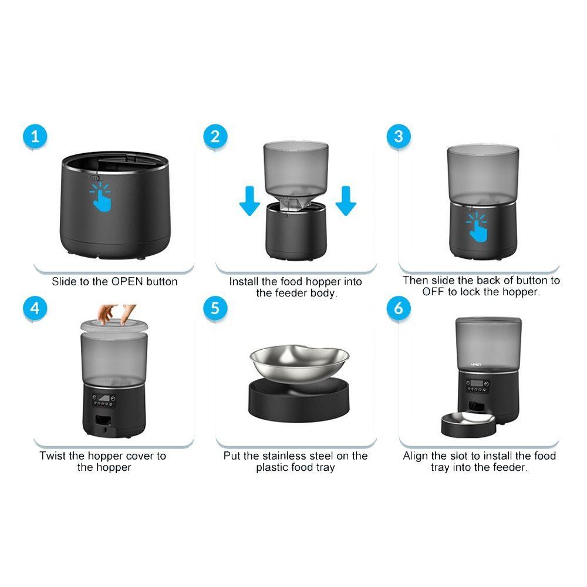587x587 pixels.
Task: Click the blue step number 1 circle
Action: (x=36, y=137)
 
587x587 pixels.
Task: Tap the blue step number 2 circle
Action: (x=215, y=137)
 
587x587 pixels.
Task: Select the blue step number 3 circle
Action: (x=399, y=137)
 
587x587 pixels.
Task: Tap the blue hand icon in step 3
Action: (x=478, y=226)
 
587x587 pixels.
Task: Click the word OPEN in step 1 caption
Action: (x=127, y=282)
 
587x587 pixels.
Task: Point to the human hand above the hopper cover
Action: (x=115, y=313)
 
